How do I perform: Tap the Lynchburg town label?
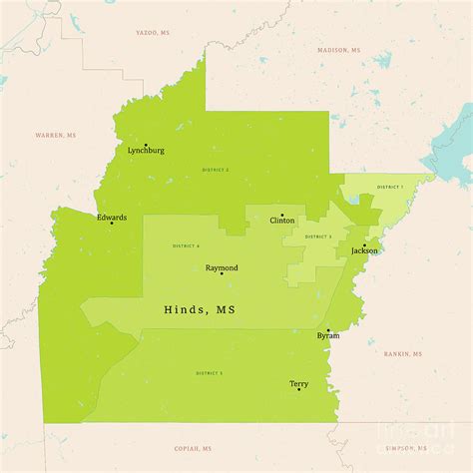[146, 151]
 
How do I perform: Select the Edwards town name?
[111, 217]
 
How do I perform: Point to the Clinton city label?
[282, 221]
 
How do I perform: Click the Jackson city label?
[364, 250]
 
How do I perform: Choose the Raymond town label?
[222, 267]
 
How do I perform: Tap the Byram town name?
[327, 335]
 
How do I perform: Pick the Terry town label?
[298, 383]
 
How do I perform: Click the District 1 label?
[389, 188]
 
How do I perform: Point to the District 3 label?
[318, 236]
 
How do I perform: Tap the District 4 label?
[186, 245]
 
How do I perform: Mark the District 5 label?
[209, 372]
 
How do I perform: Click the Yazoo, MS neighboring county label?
[155, 32]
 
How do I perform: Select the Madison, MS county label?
[339, 50]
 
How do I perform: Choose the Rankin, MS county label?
[403, 353]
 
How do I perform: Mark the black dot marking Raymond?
[222, 274]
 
